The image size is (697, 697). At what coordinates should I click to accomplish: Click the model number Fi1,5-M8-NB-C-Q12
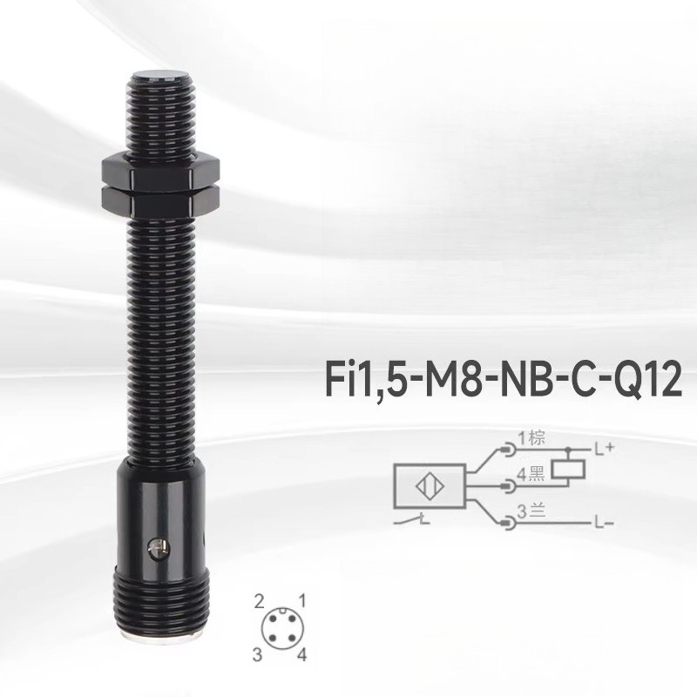[x=502, y=381]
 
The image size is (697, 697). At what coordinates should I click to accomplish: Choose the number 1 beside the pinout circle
[x=302, y=599]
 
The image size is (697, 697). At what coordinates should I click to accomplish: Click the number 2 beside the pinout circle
[x=259, y=600]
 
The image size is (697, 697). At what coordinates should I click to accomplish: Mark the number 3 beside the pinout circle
[x=259, y=653]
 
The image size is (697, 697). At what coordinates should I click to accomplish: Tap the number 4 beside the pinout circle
[x=301, y=653]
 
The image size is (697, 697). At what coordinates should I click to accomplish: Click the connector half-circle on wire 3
[x=509, y=522]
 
